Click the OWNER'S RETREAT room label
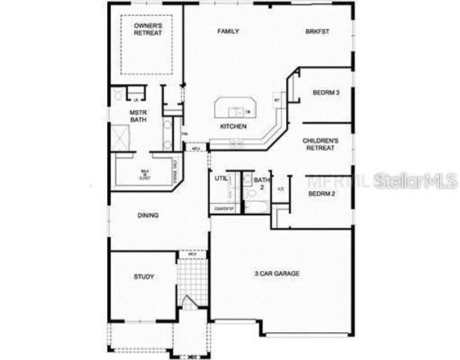click(x=148, y=29)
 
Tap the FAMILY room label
click(x=228, y=31)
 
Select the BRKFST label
click(x=318, y=31)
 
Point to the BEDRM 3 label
click(x=326, y=92)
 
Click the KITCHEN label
click(x=233, y=127)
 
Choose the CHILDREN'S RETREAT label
click(x=321, y=144)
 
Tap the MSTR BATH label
click(x=139, y=116)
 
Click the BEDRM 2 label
click(x=321, y=194)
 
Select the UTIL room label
click(x=220, y=180)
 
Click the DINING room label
click(x=148, y=216)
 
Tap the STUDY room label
click(x=144, y=277)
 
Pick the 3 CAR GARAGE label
click(x=276, y=274)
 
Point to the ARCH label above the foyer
click(x=193, y=254)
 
